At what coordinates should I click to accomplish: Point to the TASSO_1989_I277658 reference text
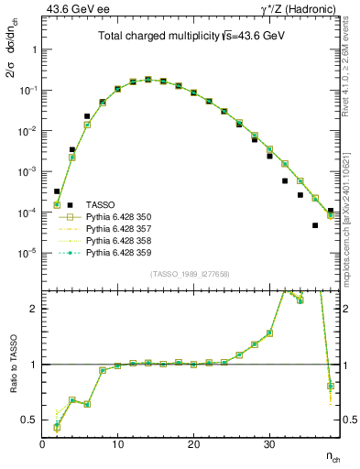click(190, 273)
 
